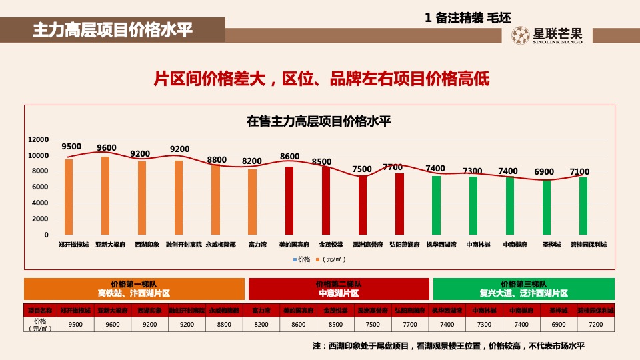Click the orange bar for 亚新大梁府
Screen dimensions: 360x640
point(105,196)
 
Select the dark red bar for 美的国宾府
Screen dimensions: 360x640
point(289,201)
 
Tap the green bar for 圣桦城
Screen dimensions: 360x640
point(547,207)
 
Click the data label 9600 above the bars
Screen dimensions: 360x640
point(107,148)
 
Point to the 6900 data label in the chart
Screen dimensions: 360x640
point(544,172)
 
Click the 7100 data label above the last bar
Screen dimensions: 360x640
point(580,172)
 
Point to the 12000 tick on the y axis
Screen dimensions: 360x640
point(39,139)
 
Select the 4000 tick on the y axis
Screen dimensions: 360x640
point(41,203)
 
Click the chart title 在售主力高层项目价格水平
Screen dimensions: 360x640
point(319,121)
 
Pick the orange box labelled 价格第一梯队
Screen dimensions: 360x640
point(134,289)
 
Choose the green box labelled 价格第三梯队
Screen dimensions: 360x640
point(523,289)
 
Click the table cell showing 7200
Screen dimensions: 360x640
point(596,325)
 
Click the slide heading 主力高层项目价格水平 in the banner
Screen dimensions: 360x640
point(112,30)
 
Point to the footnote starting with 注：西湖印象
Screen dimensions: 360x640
point(448,346)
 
